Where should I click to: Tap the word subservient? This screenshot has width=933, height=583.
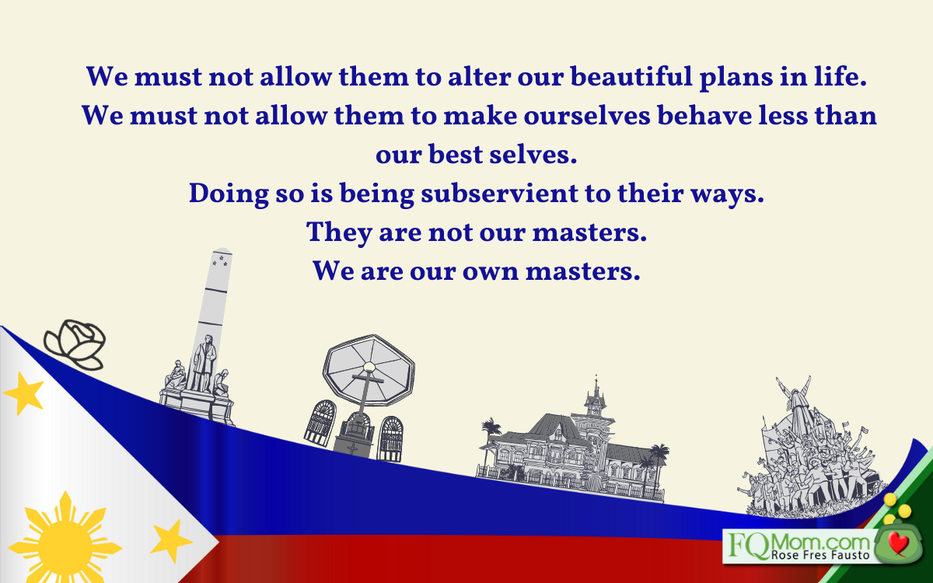tap(499, 194)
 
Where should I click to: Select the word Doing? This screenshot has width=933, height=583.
tap(229, 194)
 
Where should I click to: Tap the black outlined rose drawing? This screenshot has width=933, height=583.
tap(75, 344)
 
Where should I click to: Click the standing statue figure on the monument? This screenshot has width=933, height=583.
tap(204, 363)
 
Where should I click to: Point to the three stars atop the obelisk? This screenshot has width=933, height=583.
tap(220, 260)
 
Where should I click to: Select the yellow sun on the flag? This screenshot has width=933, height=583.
tap(65, 541)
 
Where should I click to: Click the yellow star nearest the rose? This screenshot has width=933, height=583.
tap(24, 393)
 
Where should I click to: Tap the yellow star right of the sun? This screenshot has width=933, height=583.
tap(171, 541)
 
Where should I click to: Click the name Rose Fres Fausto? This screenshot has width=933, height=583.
tap(820, 555)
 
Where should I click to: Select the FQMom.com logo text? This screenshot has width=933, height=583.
tap(799, 546)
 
